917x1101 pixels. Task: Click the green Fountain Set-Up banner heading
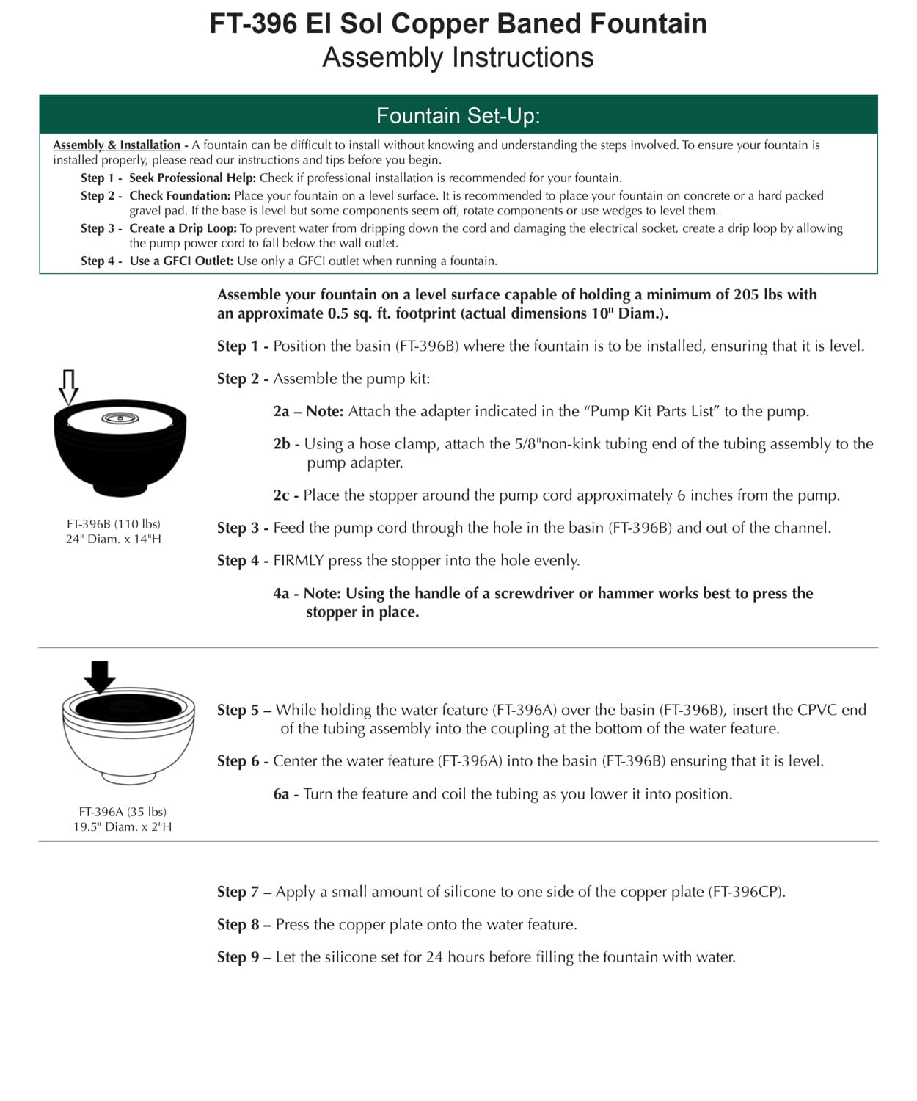[458, 115]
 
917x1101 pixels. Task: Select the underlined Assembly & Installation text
[117, 145]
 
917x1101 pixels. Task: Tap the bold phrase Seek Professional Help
[192, 178]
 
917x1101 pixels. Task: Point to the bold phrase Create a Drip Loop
[183, 228]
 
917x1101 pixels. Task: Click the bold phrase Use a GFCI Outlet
[181, 261]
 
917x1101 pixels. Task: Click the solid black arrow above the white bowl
[99, 676]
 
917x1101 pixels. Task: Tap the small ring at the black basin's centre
[120, 418]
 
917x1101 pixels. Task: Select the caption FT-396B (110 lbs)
[114, 524]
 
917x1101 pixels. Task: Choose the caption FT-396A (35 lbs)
[123, 812]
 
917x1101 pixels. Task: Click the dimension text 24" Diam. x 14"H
[114, 539]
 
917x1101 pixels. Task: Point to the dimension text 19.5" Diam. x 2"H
[123, 826]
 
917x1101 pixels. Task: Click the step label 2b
[285, 444]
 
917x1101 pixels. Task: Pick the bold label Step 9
[238, 957]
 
